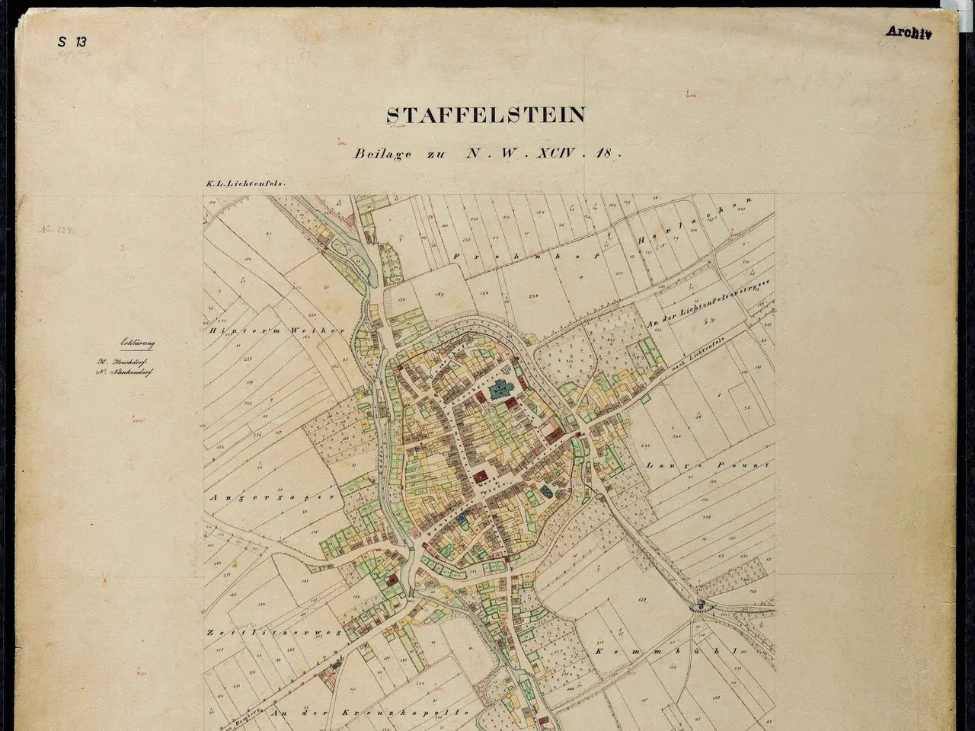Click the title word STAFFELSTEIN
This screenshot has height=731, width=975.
pos(486,115)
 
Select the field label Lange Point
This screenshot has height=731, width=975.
pos(708,464)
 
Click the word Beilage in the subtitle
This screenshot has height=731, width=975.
pos(382,153)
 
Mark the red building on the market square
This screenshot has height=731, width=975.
pos(481,477)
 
